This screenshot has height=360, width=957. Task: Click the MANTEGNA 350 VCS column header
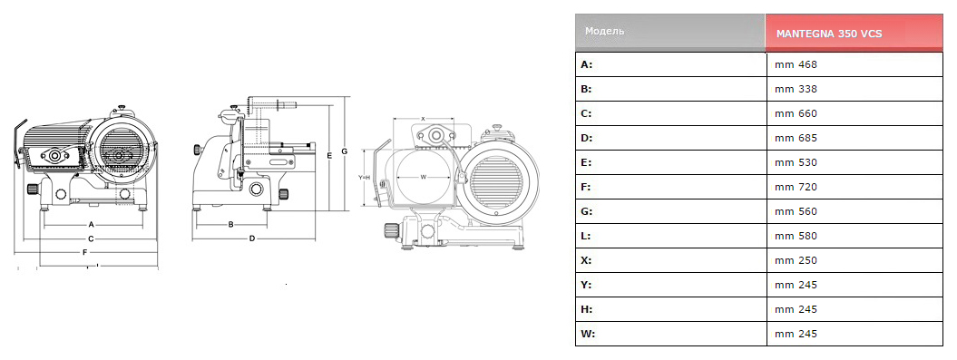(829, 34)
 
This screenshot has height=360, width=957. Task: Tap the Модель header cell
(604, 31)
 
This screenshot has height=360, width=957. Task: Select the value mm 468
(796, 64)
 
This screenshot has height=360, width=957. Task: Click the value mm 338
(796, 89)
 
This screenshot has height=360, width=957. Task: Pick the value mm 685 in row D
(796, 138)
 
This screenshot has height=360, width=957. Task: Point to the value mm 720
(796, 187)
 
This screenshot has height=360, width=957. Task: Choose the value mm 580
(796, 236)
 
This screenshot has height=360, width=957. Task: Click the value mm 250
(796, 260)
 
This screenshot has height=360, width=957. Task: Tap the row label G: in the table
(587, 211)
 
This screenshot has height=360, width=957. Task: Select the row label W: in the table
(588, 334)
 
